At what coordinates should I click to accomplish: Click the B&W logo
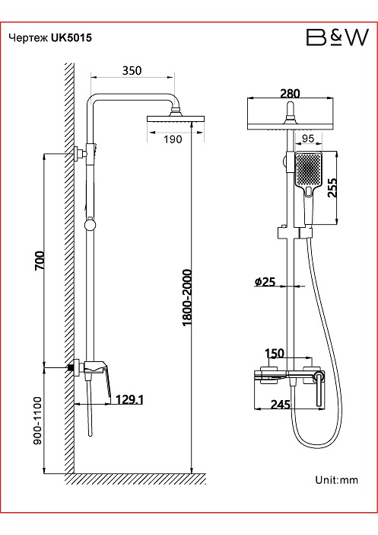tap(338, 37)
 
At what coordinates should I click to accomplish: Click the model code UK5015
tap(71, 37)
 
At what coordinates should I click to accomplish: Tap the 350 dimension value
tap(132, 70)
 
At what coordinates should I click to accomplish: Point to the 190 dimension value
tap(173, 139)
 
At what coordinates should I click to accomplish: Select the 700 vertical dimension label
tap(40, 261)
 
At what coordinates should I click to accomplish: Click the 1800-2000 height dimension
tap(187, 297)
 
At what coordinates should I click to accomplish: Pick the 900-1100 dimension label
tap(37, 421)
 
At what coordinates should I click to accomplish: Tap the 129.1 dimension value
tap(129, 399)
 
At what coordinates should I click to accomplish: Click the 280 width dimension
tap(290, 93)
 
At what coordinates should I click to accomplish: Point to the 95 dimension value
tap(308, 138)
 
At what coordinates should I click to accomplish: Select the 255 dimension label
tap(332, 187)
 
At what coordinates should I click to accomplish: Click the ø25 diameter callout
tap(265, 282)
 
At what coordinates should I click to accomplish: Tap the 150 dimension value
tap(274, 353)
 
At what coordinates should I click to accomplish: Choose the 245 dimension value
tap(281, 405)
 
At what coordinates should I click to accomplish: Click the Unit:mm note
tap(336, 480)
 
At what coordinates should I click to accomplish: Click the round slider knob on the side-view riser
tap(91, 225)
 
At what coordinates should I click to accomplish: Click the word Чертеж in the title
tap(29, 38)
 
